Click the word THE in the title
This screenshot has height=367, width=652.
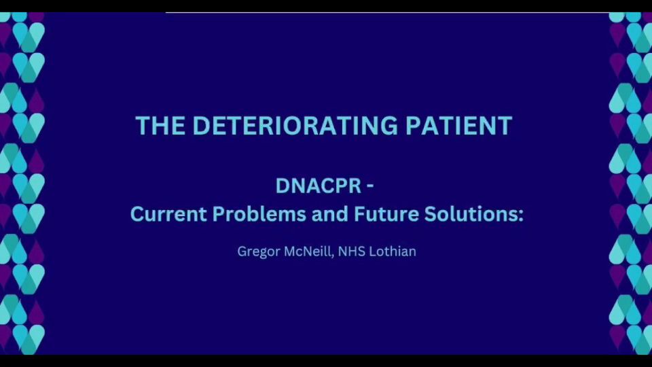[160, 125]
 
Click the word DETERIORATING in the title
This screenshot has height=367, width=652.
[295, 125]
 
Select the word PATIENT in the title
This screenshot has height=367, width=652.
[458, 125]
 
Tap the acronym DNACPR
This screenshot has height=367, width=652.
[319, 186]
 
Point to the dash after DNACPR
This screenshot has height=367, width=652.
[369, 186]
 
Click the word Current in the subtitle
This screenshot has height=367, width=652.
[168, 214]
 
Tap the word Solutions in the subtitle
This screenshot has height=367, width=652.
[470, 214]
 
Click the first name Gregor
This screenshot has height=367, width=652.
[259, 251]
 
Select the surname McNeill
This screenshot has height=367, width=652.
[308, 251]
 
